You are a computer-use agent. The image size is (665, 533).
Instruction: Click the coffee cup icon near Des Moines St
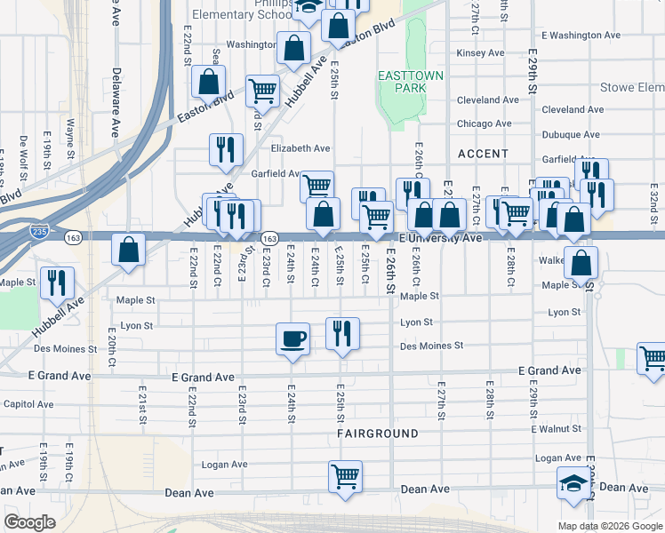tap(292, 338)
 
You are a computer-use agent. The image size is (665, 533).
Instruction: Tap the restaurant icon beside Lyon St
tap(342, 333)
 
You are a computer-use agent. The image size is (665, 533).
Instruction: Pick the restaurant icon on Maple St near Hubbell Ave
tap(57, 282)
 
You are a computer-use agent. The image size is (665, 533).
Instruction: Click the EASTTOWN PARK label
tap(410, 83)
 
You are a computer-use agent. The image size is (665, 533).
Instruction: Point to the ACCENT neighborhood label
tap(483, 154)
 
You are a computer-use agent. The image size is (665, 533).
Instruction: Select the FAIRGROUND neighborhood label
tap(377, 434)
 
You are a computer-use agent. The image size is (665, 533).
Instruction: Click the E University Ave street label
tap(440, 238)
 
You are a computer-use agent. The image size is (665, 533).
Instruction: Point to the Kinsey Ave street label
tap(480, 53)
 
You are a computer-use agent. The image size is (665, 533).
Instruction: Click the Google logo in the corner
tap(30, 522)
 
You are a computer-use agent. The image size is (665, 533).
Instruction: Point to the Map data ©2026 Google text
tap(609, 526)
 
